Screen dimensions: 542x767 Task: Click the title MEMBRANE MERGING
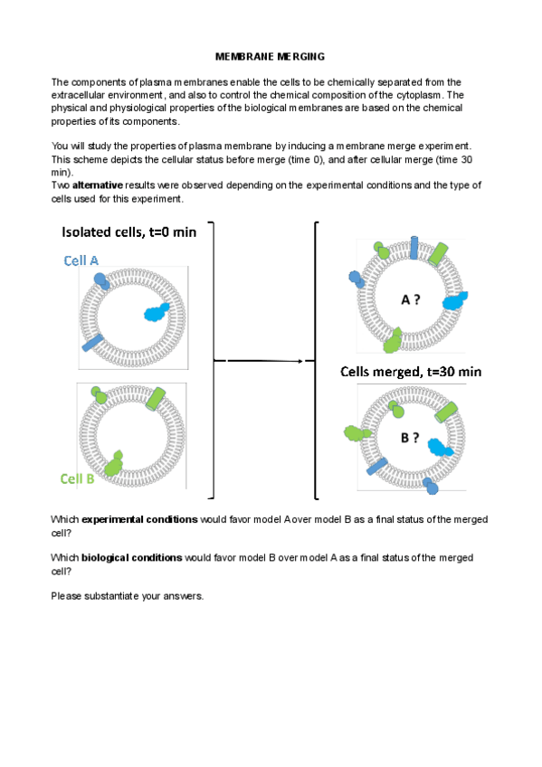point(270,57)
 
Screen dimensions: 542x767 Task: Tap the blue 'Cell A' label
point(81,260)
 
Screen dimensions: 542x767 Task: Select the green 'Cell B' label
point(77,478)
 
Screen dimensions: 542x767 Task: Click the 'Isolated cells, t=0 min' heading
point(129,232)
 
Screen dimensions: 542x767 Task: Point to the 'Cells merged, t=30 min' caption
point(411,372)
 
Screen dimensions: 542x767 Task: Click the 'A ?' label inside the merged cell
point(411,299)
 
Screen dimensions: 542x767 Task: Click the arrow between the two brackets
point(264,361)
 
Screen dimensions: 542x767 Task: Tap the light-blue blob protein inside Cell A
point(157,312)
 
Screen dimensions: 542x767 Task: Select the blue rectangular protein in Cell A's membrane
point(92,343)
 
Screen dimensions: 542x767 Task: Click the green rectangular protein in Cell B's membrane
point(156,399)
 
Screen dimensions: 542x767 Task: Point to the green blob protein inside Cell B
point(113,464)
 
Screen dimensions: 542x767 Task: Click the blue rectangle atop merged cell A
point(414,248)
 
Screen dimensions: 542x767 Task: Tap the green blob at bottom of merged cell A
point(393,340)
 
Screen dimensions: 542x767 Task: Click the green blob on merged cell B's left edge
point(357,433)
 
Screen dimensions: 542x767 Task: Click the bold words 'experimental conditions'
point(140,519)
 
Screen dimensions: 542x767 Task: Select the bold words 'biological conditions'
point(131,558)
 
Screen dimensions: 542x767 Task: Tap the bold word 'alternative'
point(98,185)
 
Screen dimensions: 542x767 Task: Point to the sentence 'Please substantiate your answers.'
point(128,596)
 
